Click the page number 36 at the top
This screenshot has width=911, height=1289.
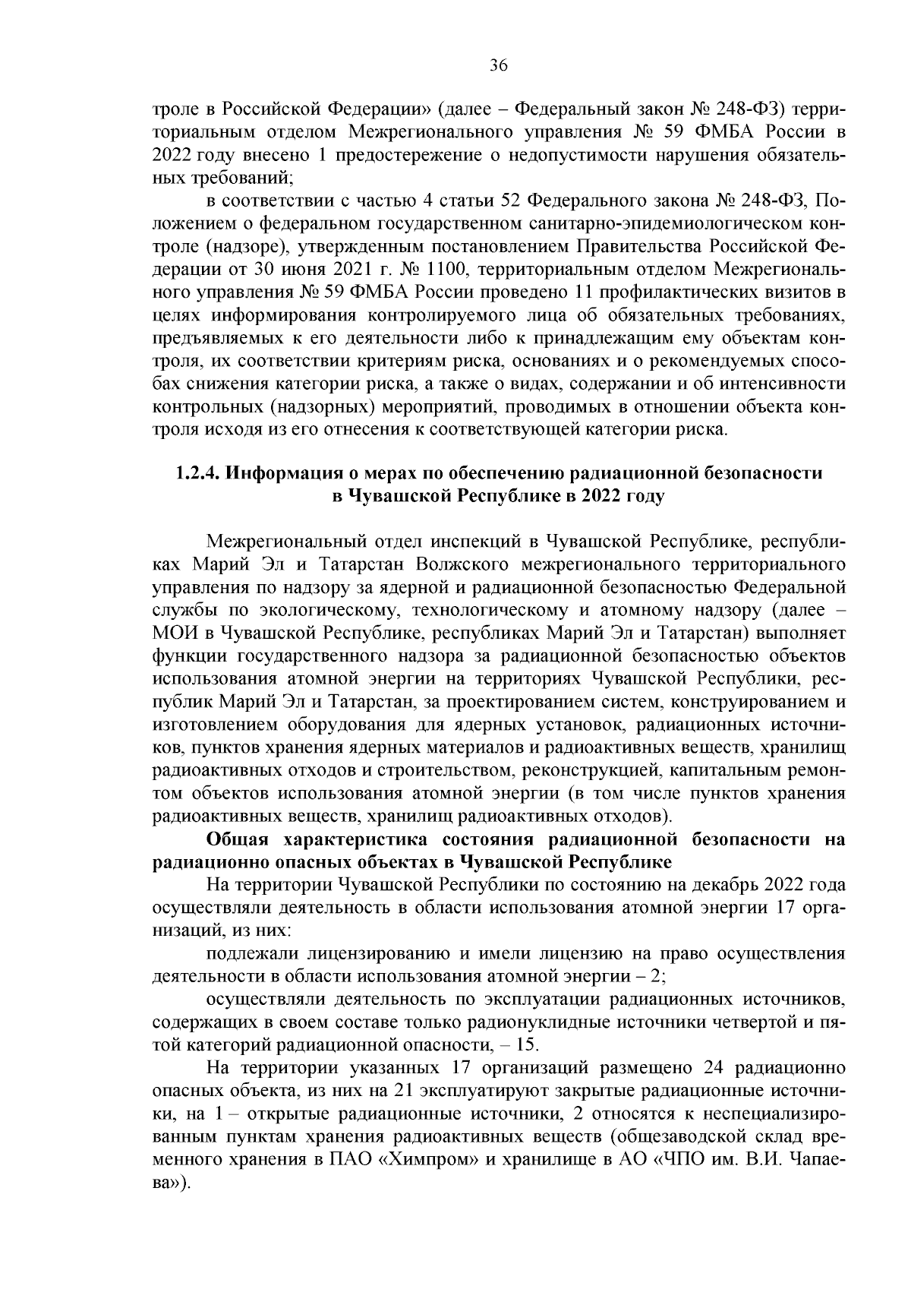point(498,65)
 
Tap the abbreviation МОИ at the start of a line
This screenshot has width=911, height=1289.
point(174,633)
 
